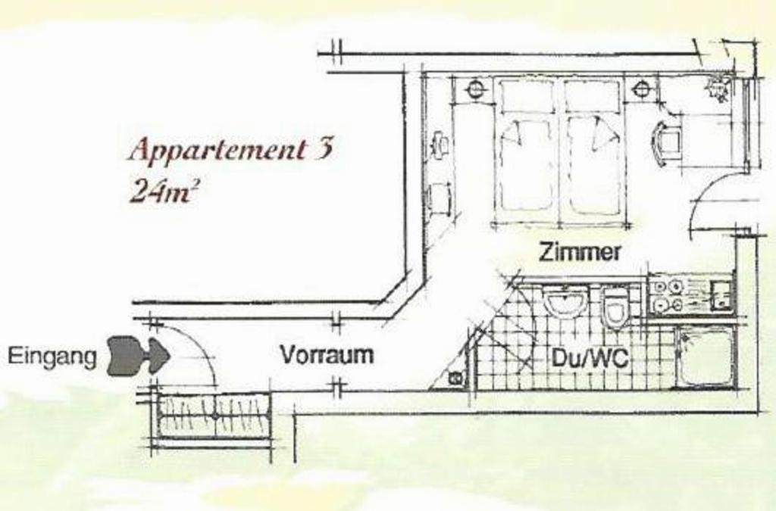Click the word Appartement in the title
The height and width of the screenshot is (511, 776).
[x=217, y=149]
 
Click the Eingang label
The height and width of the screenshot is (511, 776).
[x=52, y=357]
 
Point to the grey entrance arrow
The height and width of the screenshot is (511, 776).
[x=139, y=356]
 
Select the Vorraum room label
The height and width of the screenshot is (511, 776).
[x=327, y=355]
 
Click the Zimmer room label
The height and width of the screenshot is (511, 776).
[x=580, y=252]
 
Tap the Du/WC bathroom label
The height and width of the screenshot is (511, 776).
[x=590, y=358]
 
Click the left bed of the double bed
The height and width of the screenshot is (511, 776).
[x=526, y=153]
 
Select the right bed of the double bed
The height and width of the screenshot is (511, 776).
[x=593, y=153]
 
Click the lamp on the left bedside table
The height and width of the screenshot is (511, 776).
[x=474, y=89]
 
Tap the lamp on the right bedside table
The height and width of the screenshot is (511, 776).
[x=641, y=89]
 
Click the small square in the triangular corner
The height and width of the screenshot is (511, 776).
[x=455, y=379]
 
